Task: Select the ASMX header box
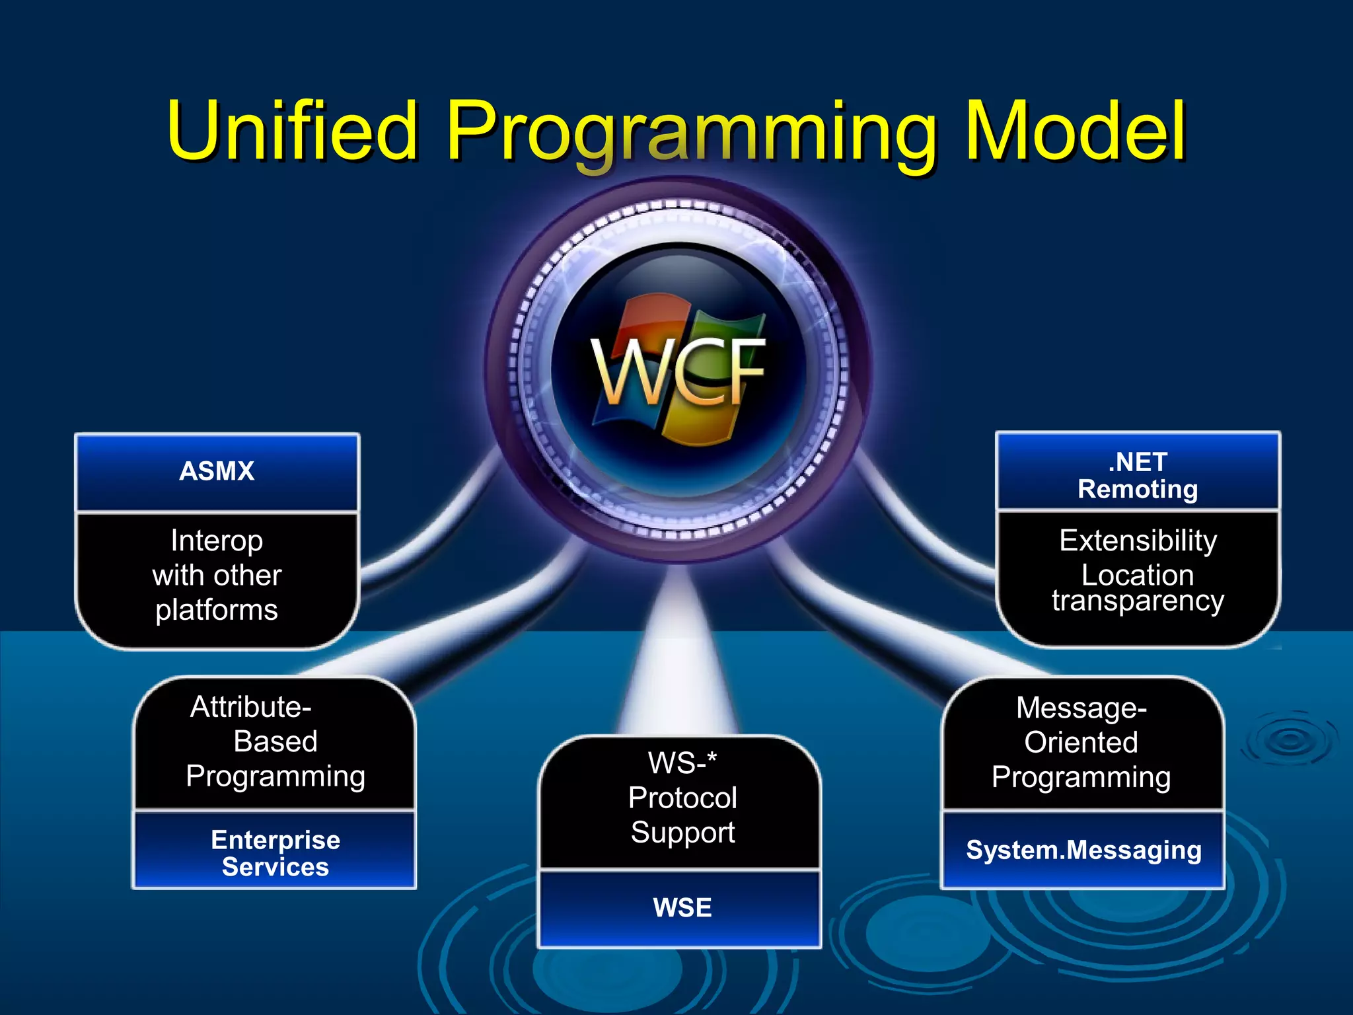217,471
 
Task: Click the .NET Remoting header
1138,475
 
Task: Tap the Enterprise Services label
275,852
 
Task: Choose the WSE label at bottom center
682,907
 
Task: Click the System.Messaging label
1083,850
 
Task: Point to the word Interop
217,541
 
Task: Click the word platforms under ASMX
217,610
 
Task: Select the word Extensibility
1138,541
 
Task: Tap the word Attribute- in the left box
250,707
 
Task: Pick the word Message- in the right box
1081,708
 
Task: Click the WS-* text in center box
682,763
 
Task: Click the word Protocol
682,798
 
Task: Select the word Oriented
1081,742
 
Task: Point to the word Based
275,741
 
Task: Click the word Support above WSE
682,832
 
